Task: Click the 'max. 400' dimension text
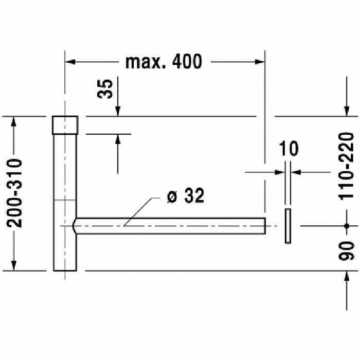click(164, 62)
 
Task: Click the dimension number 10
click(289, 149)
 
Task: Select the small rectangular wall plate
click(288, 226)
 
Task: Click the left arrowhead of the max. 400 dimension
click(69, 62)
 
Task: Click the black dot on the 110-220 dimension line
click(347, 226)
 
